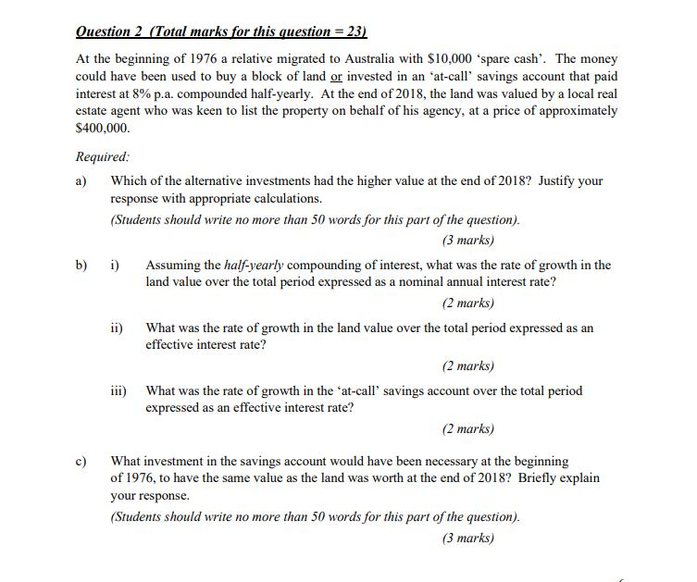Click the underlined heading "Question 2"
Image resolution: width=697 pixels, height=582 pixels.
coord(109,31)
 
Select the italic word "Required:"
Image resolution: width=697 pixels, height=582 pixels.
coord(103,157)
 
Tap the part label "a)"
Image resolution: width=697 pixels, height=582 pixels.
coord(81,181)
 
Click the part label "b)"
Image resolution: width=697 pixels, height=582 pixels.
coord(82,266)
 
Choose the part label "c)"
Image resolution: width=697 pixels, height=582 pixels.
coord(81,461)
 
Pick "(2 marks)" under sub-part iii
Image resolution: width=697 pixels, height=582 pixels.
coord(467,428)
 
